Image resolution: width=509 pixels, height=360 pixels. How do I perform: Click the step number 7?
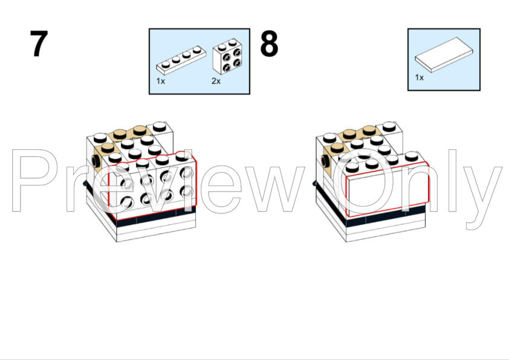coord(39,43)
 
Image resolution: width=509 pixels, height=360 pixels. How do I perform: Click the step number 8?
coord(269,43)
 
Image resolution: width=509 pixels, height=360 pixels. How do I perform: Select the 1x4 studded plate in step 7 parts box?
coord(181,60)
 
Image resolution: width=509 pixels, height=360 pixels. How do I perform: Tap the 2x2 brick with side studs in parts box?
coord(227,56)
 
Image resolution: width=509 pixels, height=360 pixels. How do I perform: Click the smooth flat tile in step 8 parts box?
coord(444,54)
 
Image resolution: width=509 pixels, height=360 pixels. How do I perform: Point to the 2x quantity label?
coord(216,81)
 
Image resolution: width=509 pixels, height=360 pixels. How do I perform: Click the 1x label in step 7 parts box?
coord(160,81)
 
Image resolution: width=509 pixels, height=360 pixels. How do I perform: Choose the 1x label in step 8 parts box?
coord(419,77)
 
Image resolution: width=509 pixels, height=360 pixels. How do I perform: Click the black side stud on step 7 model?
coord(96,161)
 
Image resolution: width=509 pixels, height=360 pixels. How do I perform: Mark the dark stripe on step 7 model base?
coord(156,216)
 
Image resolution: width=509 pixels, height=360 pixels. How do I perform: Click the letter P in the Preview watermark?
coord(32,181)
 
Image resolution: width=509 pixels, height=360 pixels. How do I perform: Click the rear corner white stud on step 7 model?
coord(160,126)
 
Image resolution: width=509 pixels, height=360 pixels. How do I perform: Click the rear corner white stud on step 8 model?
coord(389,126)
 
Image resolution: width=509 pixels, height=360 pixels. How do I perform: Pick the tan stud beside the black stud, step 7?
coord(106,149)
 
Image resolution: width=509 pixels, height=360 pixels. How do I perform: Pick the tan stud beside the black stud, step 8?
coord(337,148)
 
